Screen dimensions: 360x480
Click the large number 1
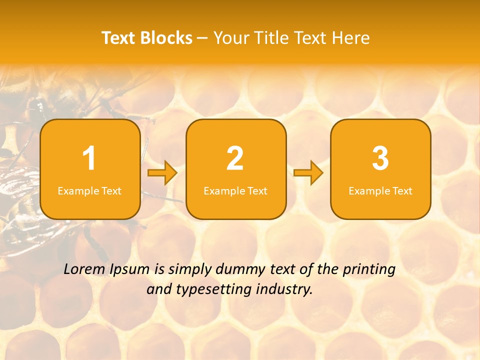pyautogui.click(x=89, y=159)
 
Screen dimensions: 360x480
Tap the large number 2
pyautogui.click(x=235, y=159)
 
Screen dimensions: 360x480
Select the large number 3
pyautogui.click(x=380, y=159)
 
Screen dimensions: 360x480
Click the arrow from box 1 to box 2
pyautogui.click(x=162, y=173)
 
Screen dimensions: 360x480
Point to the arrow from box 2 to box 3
pyautogui.click(x=308, y=173)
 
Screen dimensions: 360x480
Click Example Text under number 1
pyautogui.click(x=89, y=190)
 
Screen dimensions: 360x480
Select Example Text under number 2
pyautogui.click(x=235, y=190)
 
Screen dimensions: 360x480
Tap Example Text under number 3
pyautogui.click(x=380, y=190)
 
